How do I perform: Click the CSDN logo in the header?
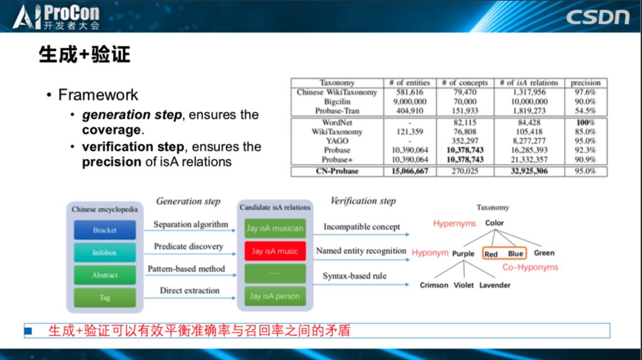pos(597,16)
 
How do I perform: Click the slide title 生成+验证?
pos(84,55)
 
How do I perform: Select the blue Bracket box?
pos(104,230)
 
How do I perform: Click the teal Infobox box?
pos(104,253)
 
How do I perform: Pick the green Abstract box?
pos(104,275)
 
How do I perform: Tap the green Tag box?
pos(104,298)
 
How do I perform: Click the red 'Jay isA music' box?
pos(275,251)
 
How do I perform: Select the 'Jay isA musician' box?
pos(275,228)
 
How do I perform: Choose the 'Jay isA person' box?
pos(275,296)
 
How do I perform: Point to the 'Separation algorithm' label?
pos(190,224)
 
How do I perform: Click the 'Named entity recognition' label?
pos(361,251)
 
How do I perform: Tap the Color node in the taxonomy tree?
pos(494,223)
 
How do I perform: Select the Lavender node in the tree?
pos(495,285)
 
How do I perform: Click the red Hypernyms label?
pos(454,224)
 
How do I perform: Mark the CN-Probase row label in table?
pos(337,171)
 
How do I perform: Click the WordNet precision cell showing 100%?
pos(585,123)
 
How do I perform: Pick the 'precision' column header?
pos(585,83)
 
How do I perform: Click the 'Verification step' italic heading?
pos(363,201)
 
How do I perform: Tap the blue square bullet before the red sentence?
pos(28,330)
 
